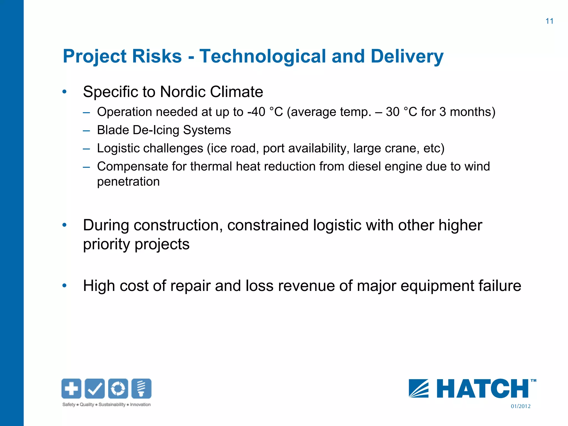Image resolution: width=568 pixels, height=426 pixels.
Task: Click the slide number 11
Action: [x=549, y=21]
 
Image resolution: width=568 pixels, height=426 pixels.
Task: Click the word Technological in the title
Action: [x=262, y=56]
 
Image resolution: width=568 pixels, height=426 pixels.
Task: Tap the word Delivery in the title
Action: [x=407, y=56]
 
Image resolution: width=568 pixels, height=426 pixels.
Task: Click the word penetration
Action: [x=128, y=182]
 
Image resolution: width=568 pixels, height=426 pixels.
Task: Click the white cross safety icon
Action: [x=71, y=388]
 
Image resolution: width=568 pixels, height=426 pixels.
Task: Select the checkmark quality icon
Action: [x=95, y=388]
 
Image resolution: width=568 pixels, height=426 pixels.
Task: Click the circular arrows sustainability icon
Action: [x=118, y=388]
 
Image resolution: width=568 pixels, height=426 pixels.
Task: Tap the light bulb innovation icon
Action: [x=141, y=388]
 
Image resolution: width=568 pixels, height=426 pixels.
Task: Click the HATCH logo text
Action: [x=483, y=389]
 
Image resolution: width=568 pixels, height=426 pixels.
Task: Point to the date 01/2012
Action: [x=521, y=406]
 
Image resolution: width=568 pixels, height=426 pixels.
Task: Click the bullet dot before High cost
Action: [x=65, y=286]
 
